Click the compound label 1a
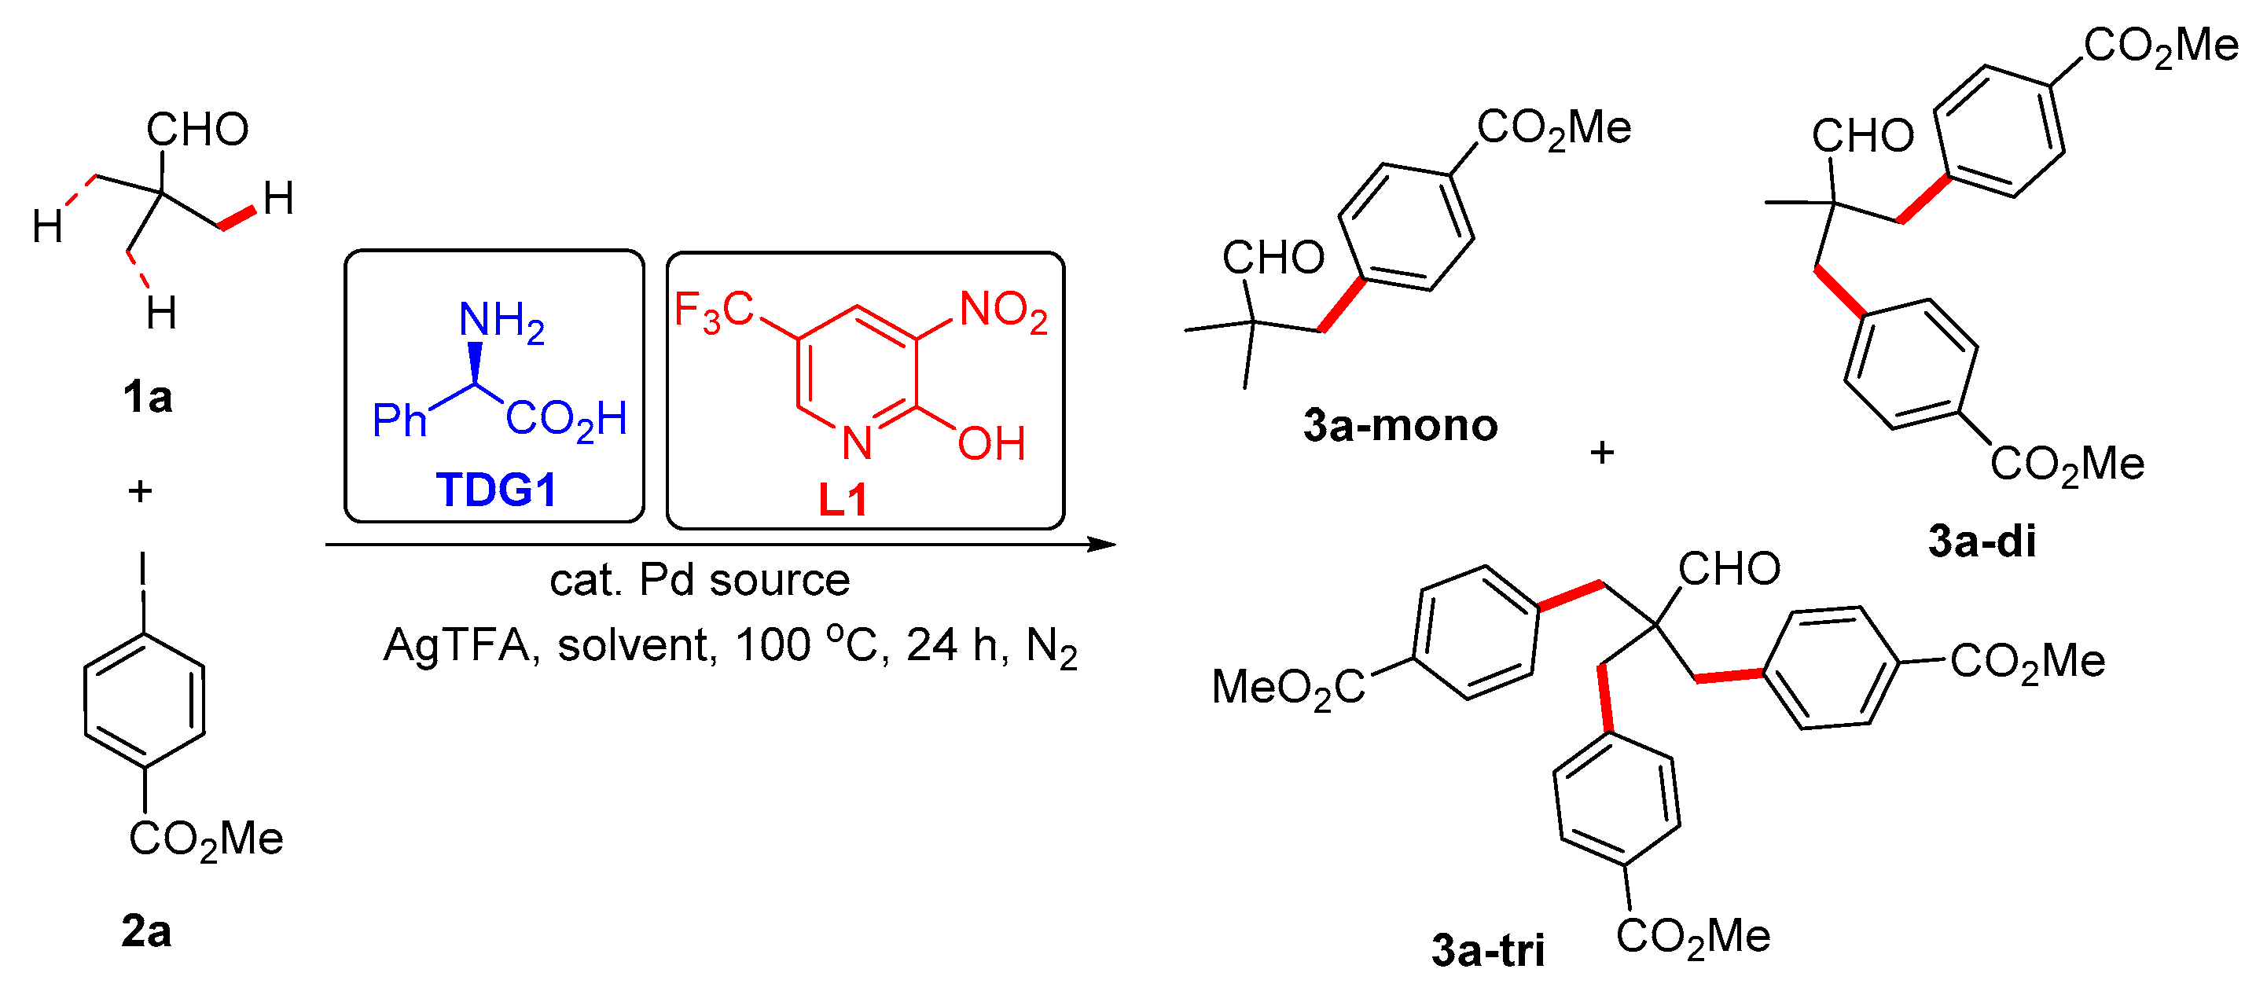[x=147, y=398]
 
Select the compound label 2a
[x=145, y=930]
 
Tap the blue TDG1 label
[x=496, y=490]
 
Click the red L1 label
[x=843, y=500]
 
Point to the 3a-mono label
[x=1399, y=425]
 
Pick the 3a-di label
[x=1981, y=541]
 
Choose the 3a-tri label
[x=1487, y=950]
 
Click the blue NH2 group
[x=501, y=321]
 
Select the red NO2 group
[x=1004, y=310]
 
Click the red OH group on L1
[x=990, y=444]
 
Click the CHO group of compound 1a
[x=197, y=130]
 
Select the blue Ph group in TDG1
[x=399, y=421]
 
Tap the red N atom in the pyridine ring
[x=857, y=443]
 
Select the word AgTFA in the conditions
[x=456, y=646]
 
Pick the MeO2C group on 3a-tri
[x=1288, y=687]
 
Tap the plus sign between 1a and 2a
[x=140, y=491]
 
